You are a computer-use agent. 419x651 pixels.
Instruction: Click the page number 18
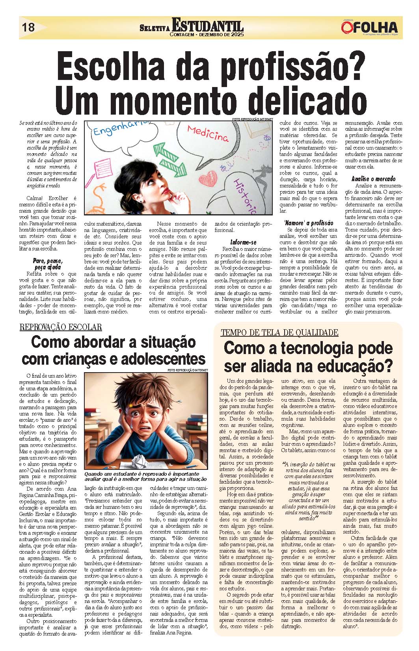click(x=28, y=28)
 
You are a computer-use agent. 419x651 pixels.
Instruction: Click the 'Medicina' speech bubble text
click(x=207, y=133)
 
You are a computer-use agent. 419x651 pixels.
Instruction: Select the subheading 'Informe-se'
click(x=243, y=242)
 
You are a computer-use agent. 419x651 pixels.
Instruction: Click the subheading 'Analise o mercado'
click(x=373, y=179)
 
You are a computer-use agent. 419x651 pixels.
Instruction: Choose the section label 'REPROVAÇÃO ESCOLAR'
click(x=61, y=327)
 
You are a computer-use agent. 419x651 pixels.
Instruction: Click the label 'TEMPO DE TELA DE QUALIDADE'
click(x=279, y=332)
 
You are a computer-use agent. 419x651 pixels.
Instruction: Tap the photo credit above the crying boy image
click(x=187, y=370)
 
